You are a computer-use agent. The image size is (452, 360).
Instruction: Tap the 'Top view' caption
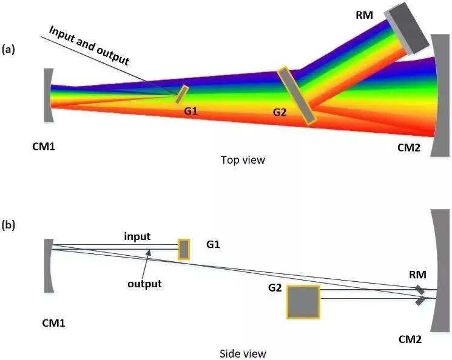click(x=243, y=160)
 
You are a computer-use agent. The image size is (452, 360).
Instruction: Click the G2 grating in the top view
click(x=296, y=96)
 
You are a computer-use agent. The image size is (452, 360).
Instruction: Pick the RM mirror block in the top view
click(x=408, y=28)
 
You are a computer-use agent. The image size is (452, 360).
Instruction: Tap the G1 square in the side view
click(x=183, y=249)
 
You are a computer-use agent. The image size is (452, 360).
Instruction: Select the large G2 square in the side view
click(x=303, y=301)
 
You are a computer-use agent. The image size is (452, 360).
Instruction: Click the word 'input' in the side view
click(x=137, y=235)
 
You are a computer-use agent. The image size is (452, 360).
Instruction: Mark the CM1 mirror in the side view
click(x=48, y=265)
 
